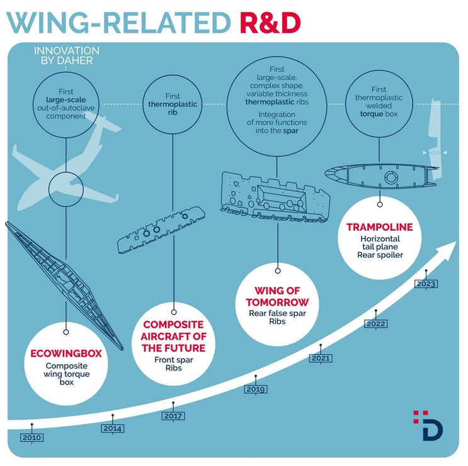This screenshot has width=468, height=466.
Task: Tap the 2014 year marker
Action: [x=113, y=428]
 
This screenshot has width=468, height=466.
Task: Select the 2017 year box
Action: [x=173, y=416]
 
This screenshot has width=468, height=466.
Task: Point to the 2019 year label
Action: [x=256, y=389]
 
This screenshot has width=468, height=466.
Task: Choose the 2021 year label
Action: [x=321, y=358]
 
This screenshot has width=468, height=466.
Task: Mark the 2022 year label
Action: [x=376, y=323]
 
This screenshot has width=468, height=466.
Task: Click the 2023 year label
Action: [x=426, y=284]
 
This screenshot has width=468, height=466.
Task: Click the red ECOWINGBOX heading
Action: [x=66, y=353]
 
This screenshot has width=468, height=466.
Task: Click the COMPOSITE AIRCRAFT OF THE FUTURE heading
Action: [x=173, y=336]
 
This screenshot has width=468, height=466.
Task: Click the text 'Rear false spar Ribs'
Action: [x=277, y=317]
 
